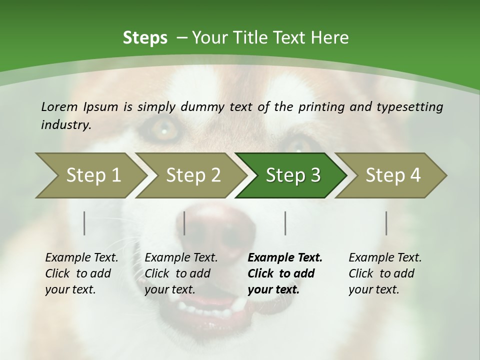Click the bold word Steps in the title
coord(145,38)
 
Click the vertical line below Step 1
coord(84,223)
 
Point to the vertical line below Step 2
coord(184,223)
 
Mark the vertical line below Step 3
coord(285,223)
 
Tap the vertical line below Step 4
coord(386,223)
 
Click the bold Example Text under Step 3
coord(285,258)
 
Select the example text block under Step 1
coord(81,273)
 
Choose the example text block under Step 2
coord(181,273)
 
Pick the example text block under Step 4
coord(385,273)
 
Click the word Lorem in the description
coord(59,107)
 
